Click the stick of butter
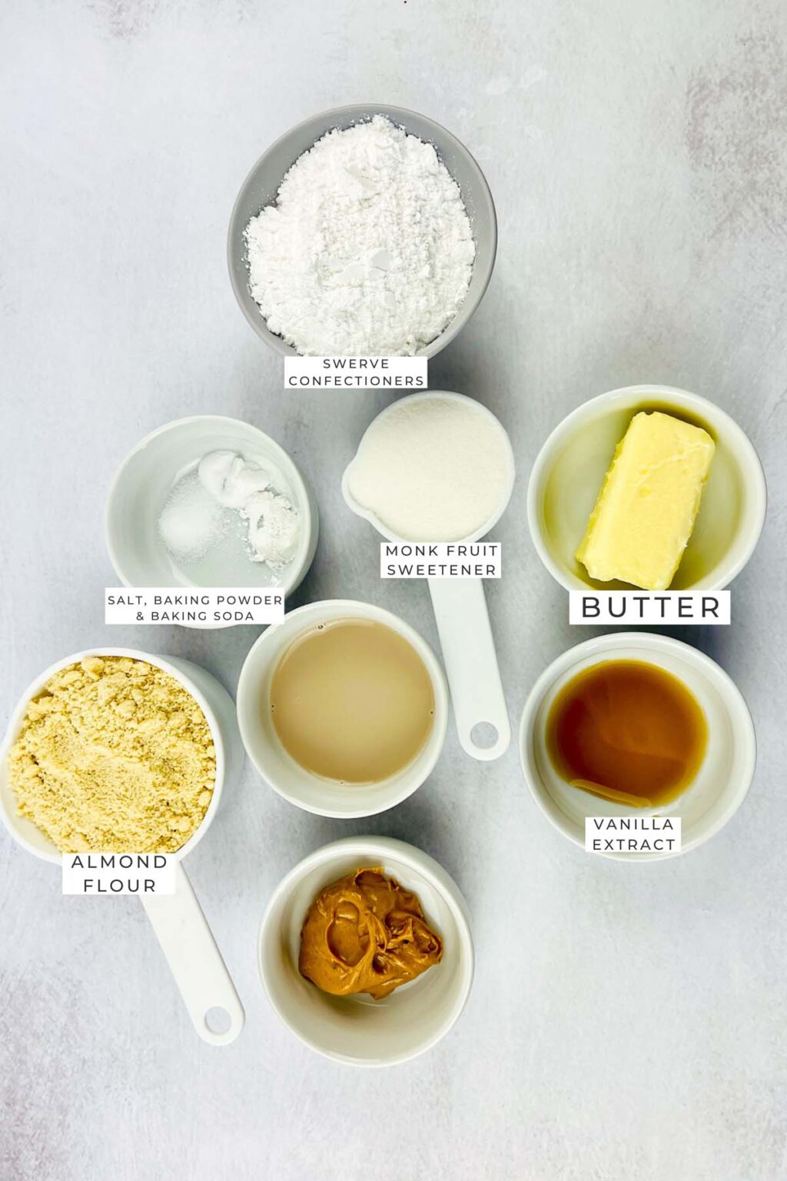tap(646, 500)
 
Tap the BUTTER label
tap(650, 607)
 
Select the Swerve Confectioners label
tap(356, 372)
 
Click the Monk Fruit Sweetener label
tap(441, 560)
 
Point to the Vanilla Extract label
tap(633, 834)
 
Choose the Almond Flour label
tap(119, 873)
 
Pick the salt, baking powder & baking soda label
tap(195, 607)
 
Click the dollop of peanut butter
tap(370, 933)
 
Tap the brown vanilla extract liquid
tap(626, 732)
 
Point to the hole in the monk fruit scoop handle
tap(485, 734)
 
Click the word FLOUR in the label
tap(120, 885)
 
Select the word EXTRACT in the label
tap(633, 844)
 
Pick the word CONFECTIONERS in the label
tap(356, 381)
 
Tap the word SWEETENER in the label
tap(441, 570)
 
